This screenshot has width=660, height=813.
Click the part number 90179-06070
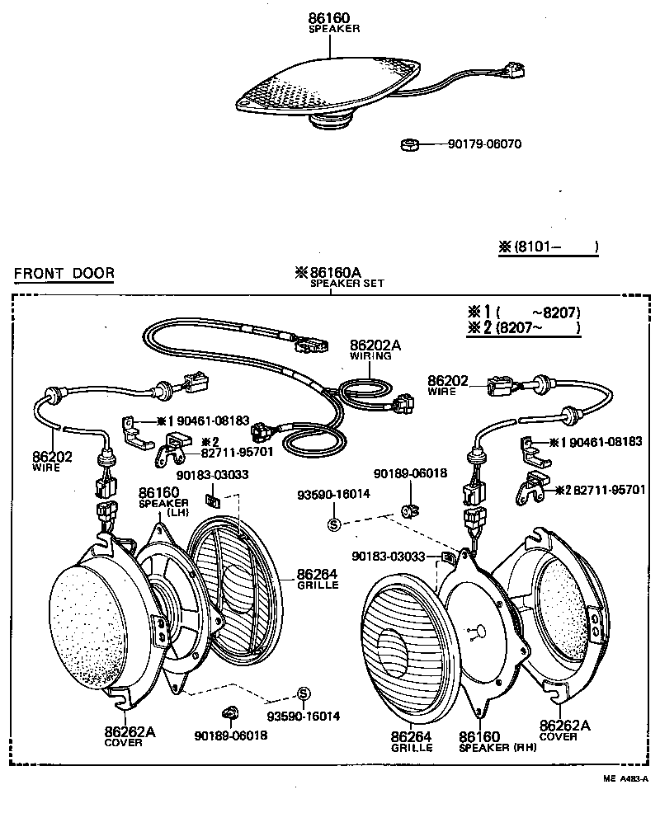coord(484,144)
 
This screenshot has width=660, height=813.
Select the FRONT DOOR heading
coord(64,274)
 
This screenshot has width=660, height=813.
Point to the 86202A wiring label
coord(375,345)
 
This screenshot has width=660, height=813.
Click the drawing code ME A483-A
coord(625,778)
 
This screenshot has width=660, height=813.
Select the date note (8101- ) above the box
coord(549,247)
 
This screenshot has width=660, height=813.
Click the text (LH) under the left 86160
coord(178,511)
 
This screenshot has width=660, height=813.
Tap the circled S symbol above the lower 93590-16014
coord(303,692)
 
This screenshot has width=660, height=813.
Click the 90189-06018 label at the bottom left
coord(231,735)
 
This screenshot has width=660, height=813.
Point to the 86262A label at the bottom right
coord(565,726)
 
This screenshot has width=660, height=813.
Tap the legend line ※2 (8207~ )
coord(524,328)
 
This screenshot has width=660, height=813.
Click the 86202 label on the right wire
coord(448,381)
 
